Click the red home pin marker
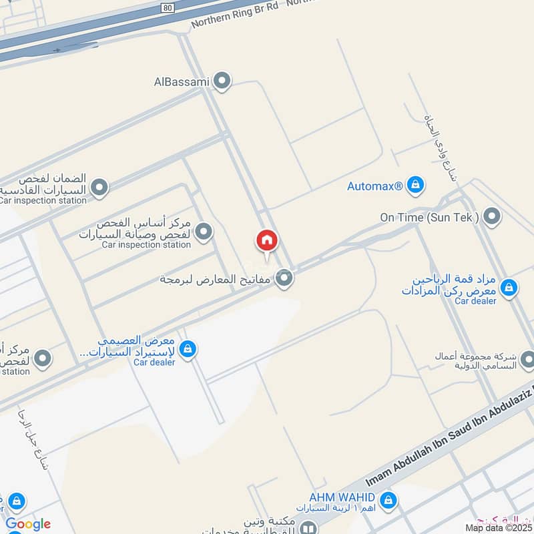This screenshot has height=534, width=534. (x=266, y=241)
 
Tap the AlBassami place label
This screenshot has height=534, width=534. (x=182, y=81)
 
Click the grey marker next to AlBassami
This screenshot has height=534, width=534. (x=222, y=81)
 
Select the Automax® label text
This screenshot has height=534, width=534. (x=374, y=186)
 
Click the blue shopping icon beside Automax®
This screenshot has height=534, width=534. (x=415, y=185)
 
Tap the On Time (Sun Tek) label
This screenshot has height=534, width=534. (x=429, y=217)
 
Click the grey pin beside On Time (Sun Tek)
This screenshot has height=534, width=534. (x=492, y=216)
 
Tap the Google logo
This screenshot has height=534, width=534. (x=28, y=524)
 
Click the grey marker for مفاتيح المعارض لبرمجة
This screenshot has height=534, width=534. (x=285, y=278)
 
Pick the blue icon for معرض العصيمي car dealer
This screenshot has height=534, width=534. (x=188, y=348)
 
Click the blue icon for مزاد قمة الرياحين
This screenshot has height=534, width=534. (x=509, y=288)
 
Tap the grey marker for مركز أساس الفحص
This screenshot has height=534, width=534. (x=204, y=232)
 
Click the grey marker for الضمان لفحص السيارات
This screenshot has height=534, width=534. (x=99, y=188)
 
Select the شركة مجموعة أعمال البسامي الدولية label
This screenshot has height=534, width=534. (x=478, y=360)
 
